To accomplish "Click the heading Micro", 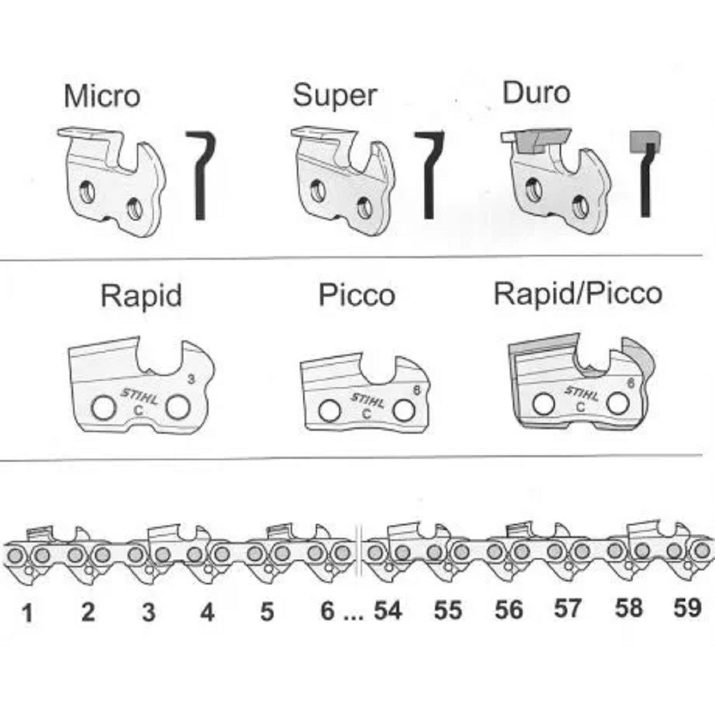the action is (102, 96).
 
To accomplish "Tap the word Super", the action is (334, 96).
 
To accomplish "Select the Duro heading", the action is (536, 93).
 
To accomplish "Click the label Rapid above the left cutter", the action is (141, 296).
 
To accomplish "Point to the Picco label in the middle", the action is (357, 296).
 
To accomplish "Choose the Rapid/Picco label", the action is (578, 294).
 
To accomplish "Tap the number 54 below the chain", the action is (388, 610).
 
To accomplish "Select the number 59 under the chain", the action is (687, 608).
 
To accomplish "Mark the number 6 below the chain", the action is (327, 611).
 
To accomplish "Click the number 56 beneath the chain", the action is (509, 610).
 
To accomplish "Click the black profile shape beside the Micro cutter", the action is (201, 175).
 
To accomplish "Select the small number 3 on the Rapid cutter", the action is (191, 379).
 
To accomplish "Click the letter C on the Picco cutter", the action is (366, 414).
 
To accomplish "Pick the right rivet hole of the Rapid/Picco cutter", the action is (617, 403).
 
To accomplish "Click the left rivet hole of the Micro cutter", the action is (88, 192).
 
